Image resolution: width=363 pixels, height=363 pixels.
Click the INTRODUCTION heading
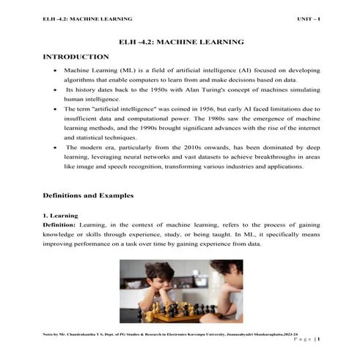coord(76,56)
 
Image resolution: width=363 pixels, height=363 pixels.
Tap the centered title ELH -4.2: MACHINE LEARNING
coord(180,43)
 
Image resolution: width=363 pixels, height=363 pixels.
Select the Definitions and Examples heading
coord(89,197)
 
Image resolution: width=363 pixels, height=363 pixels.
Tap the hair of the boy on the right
coord(224,270)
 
